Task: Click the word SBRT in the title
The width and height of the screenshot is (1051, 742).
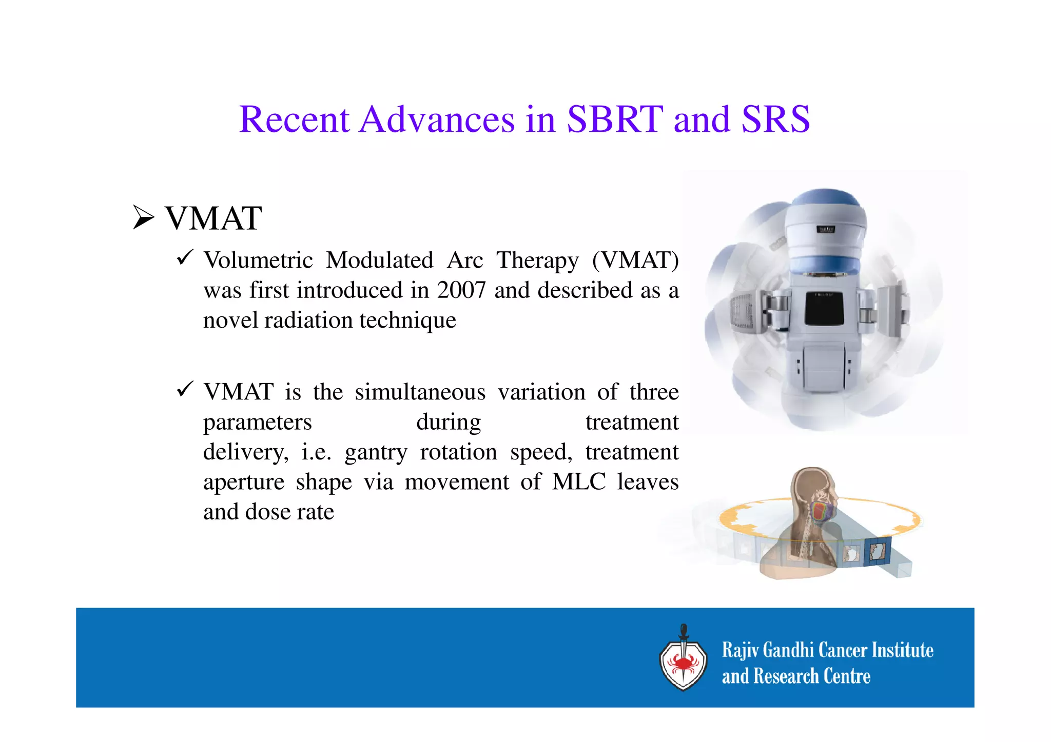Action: (615, 119)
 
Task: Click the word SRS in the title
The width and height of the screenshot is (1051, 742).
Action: (775, 119)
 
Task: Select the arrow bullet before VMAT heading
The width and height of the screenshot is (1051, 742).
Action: (143, 217)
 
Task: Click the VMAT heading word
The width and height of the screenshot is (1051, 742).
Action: (213, 218)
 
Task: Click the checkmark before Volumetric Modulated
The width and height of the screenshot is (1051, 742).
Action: (185, 257)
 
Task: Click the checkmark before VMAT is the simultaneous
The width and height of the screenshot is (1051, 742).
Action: (185, 389)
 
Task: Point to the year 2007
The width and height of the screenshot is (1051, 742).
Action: (461, 290)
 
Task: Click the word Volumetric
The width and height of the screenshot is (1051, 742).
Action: (258, 260)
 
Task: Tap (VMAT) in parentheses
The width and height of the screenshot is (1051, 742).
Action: (635, 260)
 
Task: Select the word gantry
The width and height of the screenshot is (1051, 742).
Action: (376, 452)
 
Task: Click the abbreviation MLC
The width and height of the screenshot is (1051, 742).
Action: (578, 482)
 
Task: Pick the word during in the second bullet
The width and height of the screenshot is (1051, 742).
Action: (449, 422)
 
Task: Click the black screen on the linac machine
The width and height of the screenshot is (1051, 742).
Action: (824, 308)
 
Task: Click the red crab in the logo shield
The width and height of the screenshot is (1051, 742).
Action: (683, 665)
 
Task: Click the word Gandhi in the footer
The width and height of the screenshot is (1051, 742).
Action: (788, 650)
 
